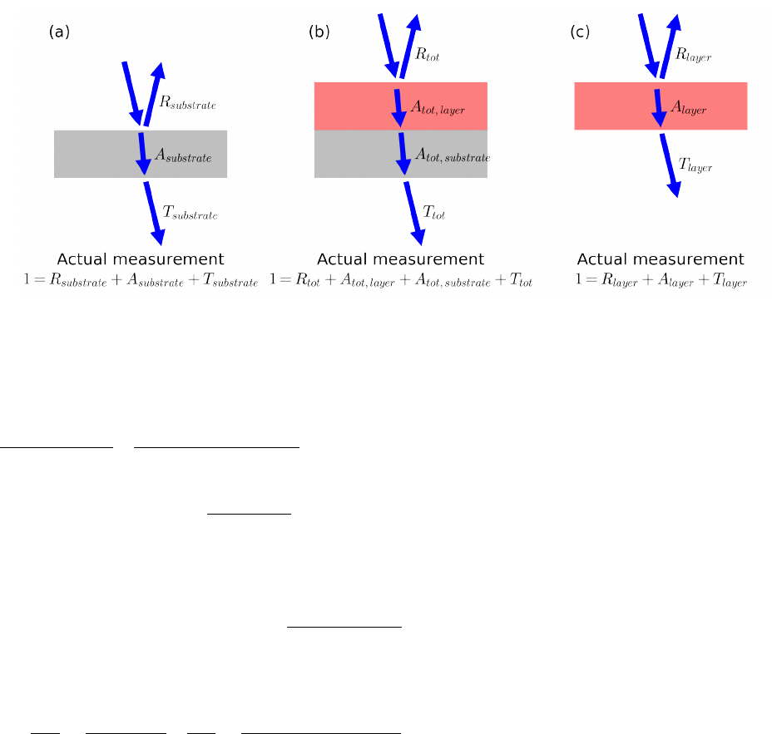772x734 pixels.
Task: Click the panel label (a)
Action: click(x=60, y=32)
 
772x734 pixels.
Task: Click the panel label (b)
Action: click(x=319, y=32)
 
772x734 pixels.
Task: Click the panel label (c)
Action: click(x=580, y=32)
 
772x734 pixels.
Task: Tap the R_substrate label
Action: click(x=187, y=104)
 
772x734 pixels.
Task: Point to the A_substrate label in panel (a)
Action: click(x=183, y=155)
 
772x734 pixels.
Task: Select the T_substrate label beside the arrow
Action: click(x=190, y=214)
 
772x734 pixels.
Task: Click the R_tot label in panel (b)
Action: click(x=427, y=57)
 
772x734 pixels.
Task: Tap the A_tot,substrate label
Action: click(x=452, y=155)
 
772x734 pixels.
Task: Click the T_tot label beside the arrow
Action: click(x=433, y=214)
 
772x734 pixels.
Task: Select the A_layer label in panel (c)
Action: click(x=686, y=107)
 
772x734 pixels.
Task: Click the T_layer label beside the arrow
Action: click(x=695, y=166)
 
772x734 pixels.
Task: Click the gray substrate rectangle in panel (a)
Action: click(x=92, y=154)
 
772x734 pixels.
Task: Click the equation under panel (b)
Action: click(x=401, y=282)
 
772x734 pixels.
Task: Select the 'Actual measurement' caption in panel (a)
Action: click(x=141, y=259)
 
